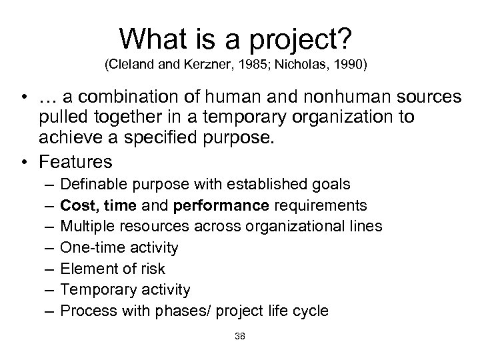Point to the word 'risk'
pos(152,269)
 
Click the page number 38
pos(240,337)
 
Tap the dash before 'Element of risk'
pos(51,269)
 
